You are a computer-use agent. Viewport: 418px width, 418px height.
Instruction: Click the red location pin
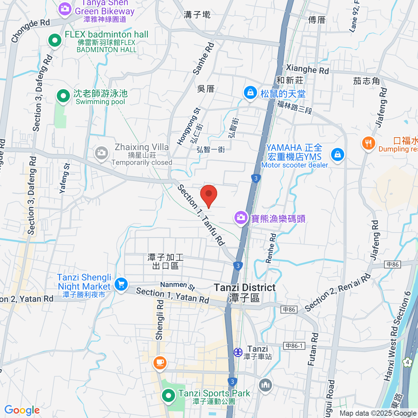pos(209,195)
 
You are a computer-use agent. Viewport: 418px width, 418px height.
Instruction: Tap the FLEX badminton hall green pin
pos(55,40)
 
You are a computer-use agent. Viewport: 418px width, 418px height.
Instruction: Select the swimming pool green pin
pos(63,96)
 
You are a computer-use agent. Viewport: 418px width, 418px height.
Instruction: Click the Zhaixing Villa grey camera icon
pos(101,153)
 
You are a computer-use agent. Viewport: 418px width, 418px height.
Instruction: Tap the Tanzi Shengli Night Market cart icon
pos(121,284)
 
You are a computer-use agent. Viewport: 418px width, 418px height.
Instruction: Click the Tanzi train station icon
pos(238,352)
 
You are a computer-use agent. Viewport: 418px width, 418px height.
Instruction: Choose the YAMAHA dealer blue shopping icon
pos(337,154)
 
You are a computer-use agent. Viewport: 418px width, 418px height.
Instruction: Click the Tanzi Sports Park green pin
pos(169,396)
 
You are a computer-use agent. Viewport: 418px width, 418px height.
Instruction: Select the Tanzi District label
pos(245,288)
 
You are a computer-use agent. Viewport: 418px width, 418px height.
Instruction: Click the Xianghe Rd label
pos(307,69)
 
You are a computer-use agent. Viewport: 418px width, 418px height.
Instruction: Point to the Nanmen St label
pos(177,285)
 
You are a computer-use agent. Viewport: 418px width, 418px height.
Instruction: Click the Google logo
pos(22,410)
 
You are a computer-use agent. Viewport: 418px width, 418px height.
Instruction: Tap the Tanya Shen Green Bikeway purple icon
pos(65,8)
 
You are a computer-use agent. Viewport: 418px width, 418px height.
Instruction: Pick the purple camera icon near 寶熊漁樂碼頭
pos(241,218)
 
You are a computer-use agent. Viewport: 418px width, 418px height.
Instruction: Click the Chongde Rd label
pos(30,30)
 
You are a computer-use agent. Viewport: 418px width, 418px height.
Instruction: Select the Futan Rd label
pos(313,349)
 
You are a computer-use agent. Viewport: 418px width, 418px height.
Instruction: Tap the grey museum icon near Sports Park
pos(265,385)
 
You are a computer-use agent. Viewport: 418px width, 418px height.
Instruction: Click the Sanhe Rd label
pos(203,58)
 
